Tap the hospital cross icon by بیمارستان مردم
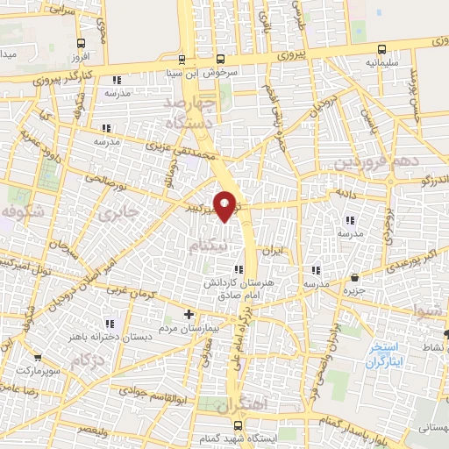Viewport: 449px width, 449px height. (x=188, y=314)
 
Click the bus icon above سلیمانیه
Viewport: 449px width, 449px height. (x=381, y=49)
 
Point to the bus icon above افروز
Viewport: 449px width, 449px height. (x=81, y=43)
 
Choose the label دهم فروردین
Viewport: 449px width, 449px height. (x=371, y=163)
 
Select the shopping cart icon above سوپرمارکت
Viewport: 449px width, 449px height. (x=38, y=358)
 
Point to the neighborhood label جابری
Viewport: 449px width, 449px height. (x=118, y=212)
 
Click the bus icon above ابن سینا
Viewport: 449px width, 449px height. (x=182, y=60)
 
